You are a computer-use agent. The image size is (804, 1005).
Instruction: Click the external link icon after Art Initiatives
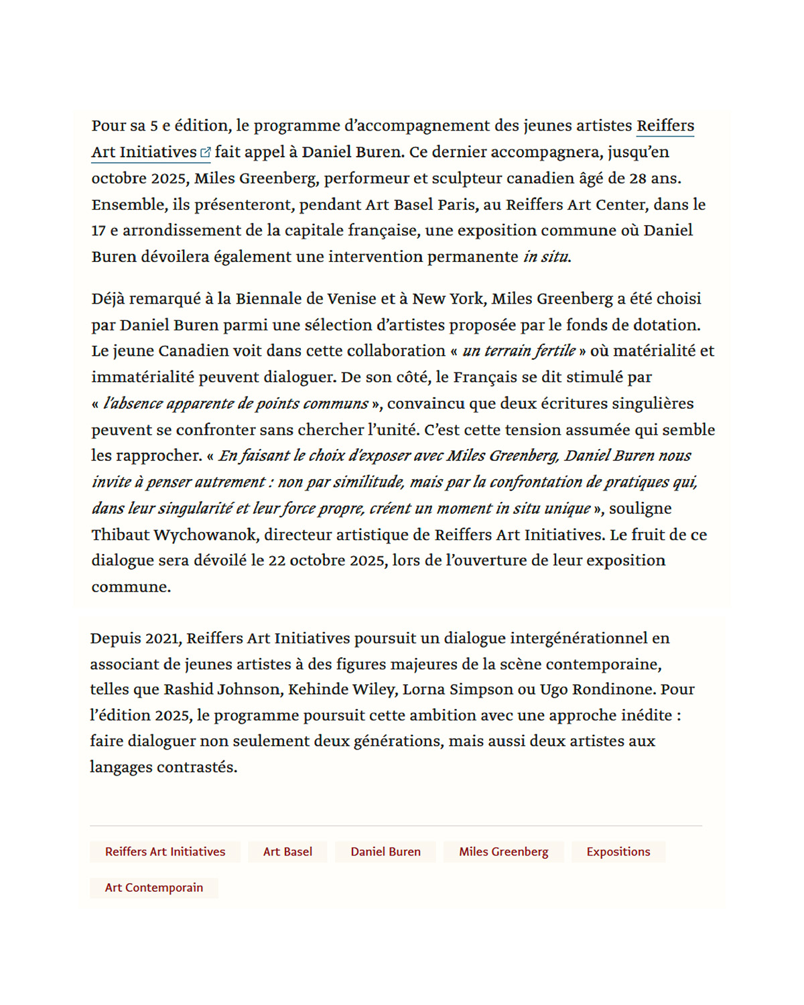pyautogui.click(x=206, y=153)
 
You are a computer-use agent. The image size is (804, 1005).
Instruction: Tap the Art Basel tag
pyautogui.click(x=287, y=852)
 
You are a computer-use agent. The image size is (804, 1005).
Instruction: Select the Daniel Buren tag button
pyautogui.click(x=385, y=852)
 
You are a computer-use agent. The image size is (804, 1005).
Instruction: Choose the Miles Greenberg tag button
pyautogui.click(x=503, y=852)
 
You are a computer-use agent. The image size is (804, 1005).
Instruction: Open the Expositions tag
pyautogui.click(x=618, y=852)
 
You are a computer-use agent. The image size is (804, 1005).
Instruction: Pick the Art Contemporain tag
pyautogui.click(x=153, y=888)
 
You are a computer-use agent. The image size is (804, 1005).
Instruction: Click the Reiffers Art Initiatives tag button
pyautogui.click(x=165, y=852)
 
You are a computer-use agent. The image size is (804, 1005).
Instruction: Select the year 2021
pyautogui.click(x=163, y=639)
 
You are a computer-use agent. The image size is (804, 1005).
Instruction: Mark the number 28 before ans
pyautogui.click(x=638, y=178)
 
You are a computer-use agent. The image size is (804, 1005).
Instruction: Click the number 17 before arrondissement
pyautogui.click(x=98, y=230)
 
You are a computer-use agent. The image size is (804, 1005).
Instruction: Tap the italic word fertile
pyautogui.click(x=555, y=351)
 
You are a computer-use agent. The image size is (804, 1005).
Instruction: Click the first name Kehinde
pyautogui.click(x=314, y=689)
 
